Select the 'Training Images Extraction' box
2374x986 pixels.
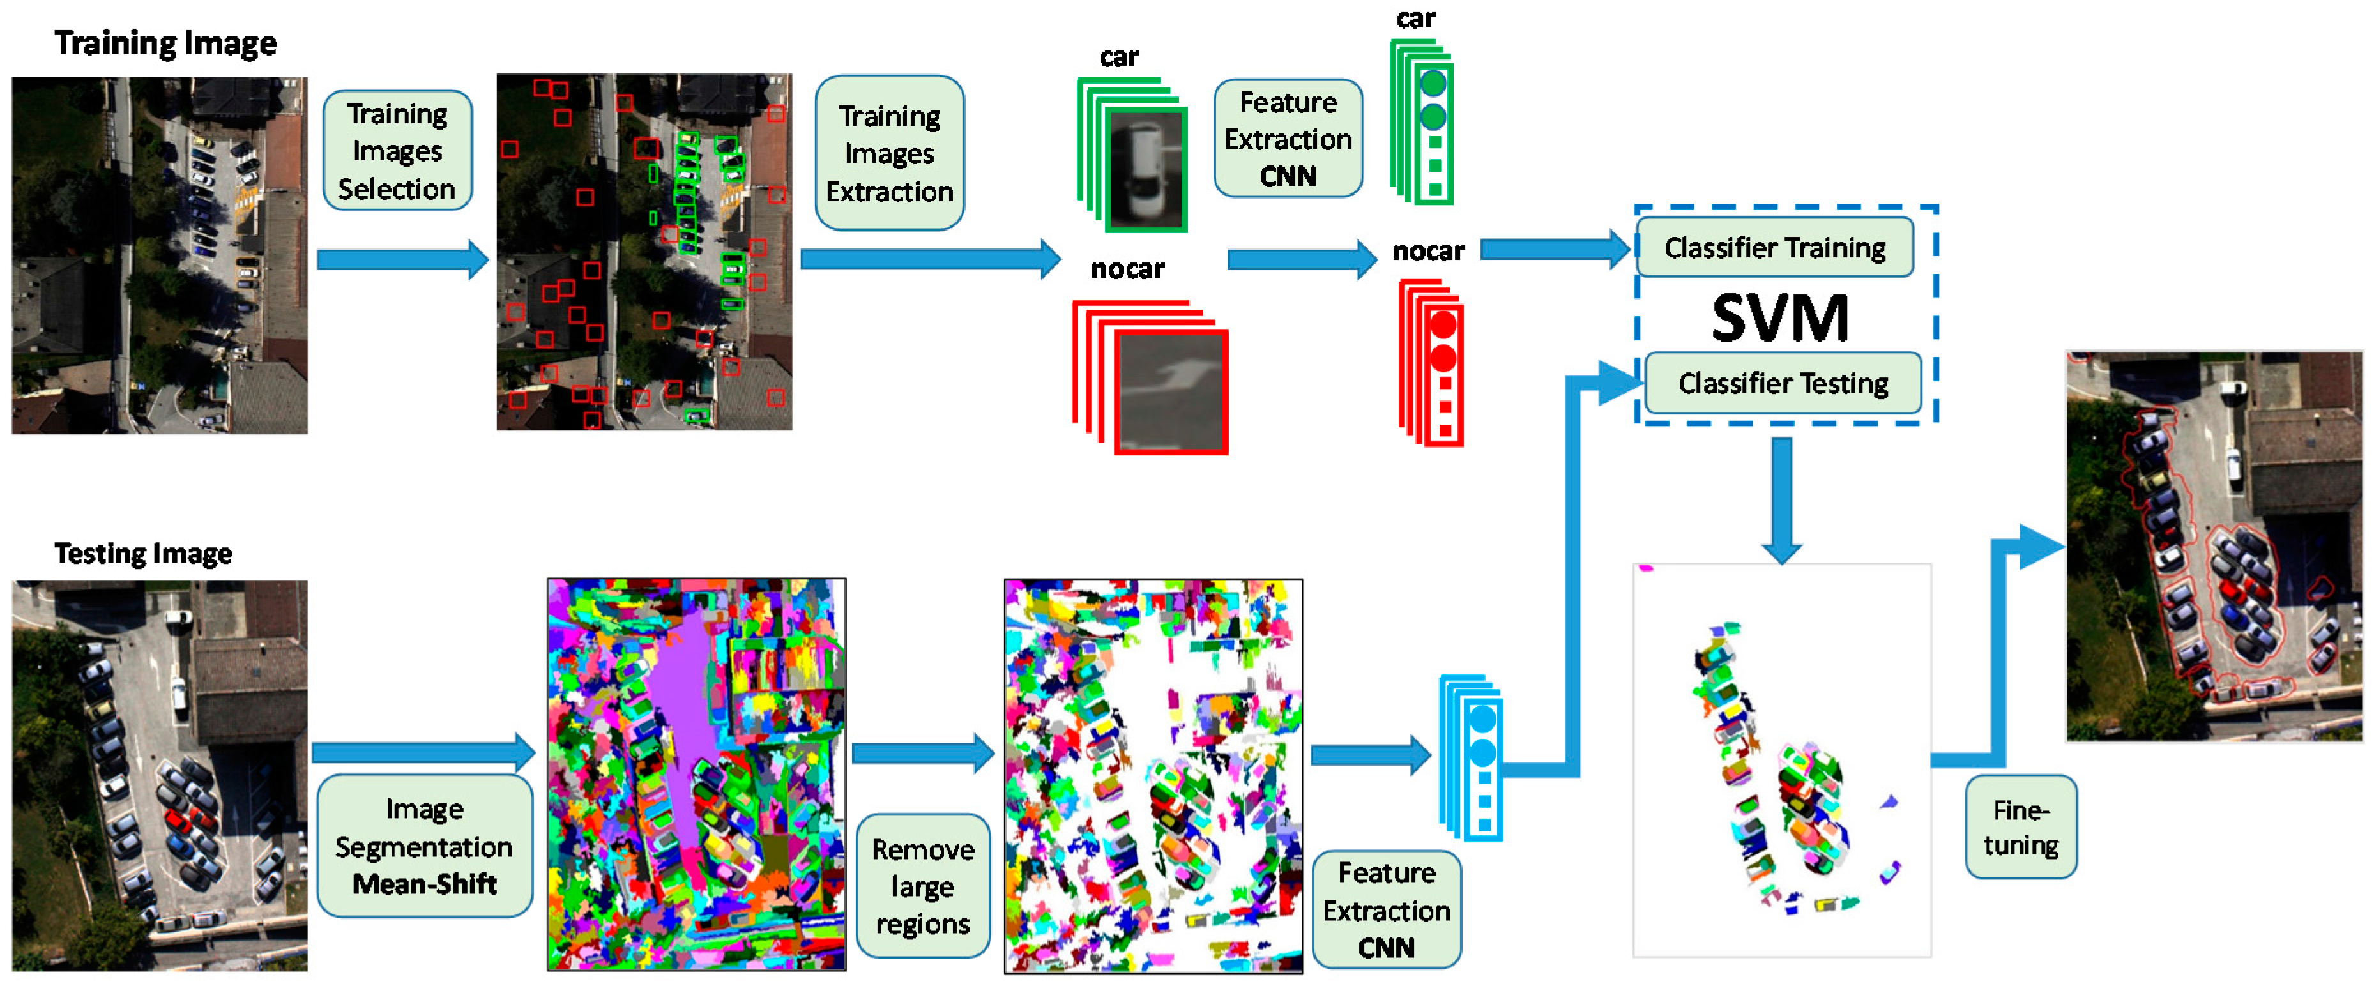[x=889, y=153]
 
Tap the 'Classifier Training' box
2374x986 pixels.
[x=1774, y=247]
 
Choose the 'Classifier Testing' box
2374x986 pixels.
[x=1783, y=383]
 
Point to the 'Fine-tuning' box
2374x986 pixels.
[x=2020, y=826]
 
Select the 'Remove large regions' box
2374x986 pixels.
[x=922, y=886]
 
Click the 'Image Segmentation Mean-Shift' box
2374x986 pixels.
[x=424, y=846]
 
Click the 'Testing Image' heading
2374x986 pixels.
[x=143, y=553]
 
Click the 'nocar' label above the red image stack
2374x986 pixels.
[x=1127, y=269]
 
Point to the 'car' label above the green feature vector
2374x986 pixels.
[x=1415, y=19]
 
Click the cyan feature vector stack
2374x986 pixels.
[x=1475, y=757]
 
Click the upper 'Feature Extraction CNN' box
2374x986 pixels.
[x=1288, y=138]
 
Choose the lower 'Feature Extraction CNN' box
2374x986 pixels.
[x=1386, y=909]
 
